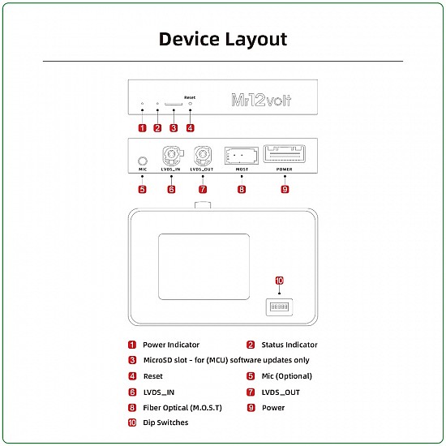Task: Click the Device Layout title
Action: click(222, 39)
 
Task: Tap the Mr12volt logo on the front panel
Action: click(261, 101)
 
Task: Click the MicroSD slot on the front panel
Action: click(174, 104)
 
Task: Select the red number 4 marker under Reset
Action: click(190, 127)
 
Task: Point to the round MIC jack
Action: click(143, 161)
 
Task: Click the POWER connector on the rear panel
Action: click(285, 154)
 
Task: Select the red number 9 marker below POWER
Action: click(285, 189)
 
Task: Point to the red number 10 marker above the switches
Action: click(279, 281)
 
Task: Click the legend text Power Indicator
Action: click(171, 345)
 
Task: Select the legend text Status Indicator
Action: click(289, 345)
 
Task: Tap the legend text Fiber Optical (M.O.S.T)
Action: click(182, 407)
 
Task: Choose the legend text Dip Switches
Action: click(165, 422)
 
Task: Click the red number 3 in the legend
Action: click(132, 360)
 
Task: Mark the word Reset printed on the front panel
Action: click(190, 97)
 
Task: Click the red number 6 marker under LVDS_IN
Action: click(171, 189)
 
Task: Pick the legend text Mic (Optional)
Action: click(286, 376)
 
